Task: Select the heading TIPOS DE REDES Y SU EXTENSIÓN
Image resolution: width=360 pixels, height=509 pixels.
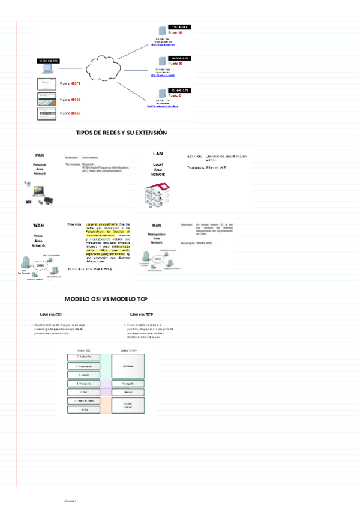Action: [121, 132]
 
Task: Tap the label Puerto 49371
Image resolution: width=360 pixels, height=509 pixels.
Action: [71, 84]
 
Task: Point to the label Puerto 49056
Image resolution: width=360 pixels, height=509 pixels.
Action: [71, 113]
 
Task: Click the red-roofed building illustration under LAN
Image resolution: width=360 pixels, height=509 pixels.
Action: [158, 193]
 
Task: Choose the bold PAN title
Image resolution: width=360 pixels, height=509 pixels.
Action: [39, 155]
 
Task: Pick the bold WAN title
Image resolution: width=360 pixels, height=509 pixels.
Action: [38, 226]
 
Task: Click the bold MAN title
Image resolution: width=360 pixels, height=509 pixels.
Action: [156, 226]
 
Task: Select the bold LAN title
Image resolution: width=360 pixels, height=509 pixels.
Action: [158, 154]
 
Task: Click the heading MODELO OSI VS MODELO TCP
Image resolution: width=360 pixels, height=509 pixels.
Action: [106, 299]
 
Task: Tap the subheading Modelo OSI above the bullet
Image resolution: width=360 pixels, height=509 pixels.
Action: [52, 315]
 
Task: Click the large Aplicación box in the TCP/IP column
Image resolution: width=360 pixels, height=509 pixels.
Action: [128, 366]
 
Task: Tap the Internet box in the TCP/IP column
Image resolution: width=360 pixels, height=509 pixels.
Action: [128, 393]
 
